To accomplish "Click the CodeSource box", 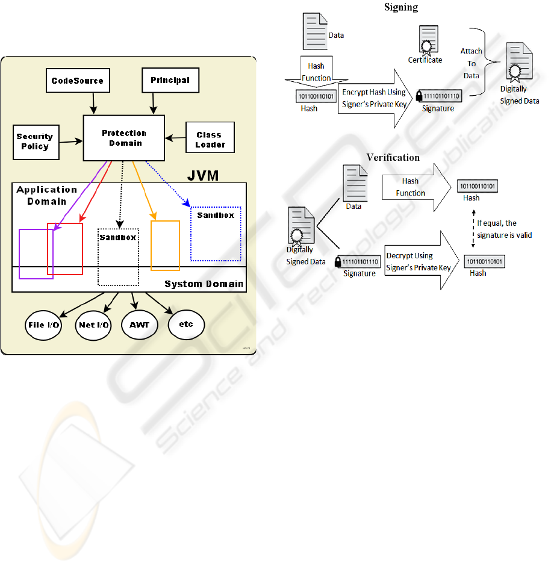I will click(x=77, y=81).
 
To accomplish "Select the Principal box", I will click(x=169, y=80).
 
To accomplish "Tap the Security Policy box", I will click(x=36, y=141).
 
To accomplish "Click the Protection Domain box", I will click(x=123, y=138).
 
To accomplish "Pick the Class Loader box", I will click(x=210, y=139).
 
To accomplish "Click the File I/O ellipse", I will click(x=44, y=325).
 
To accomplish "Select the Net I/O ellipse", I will click(x=94, y=325).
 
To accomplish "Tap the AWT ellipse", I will click(x=139, y=325).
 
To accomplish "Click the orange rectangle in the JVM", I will click(x=165, y=246).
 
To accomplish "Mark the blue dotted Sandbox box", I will click(x=216, y=234).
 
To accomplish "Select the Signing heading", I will click(x=401, y=7).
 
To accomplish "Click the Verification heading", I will click(x=393, y=157).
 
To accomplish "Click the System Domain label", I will click(x=204, y=284).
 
